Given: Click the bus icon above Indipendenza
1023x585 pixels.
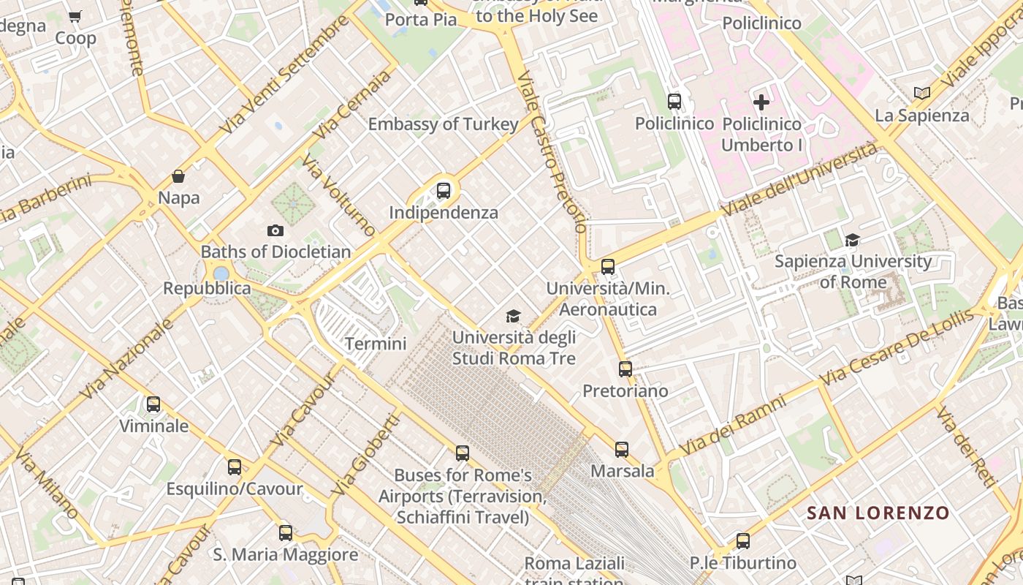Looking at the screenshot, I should pos(443,191).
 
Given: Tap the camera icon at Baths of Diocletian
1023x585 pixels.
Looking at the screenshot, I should pos(275,231).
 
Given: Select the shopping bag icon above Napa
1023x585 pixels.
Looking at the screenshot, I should pos(178,176).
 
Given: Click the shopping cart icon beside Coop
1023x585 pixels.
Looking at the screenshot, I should pos(75,17).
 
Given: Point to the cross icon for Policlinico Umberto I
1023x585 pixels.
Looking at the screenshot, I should pos(761,102).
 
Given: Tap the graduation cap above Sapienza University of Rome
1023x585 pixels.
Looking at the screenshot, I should pos(852,240).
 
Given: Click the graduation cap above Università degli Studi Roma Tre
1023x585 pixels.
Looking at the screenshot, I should pos(514,316).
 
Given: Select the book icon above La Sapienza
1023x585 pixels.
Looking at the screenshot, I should pos(922,94).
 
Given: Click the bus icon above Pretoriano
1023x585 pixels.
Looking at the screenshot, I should pos(625,369).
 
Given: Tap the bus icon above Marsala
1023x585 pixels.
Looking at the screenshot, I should pos(621,449).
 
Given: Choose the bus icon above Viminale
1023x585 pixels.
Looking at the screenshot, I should pos(153,404).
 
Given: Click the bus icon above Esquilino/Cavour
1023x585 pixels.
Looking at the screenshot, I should pos(234,467).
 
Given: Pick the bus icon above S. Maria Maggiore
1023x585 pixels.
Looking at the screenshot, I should pos(286,532).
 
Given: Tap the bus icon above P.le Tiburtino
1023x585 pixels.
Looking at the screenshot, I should pos(742,541).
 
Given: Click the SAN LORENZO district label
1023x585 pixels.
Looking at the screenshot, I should pos(878,513).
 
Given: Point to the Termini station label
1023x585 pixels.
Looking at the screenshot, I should pos(375,343).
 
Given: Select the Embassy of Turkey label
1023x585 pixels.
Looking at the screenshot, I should pos(443,124).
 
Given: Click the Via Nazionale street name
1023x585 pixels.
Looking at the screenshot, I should pos(126,360).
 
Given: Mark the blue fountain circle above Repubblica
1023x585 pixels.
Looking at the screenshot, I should pos(221,273).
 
